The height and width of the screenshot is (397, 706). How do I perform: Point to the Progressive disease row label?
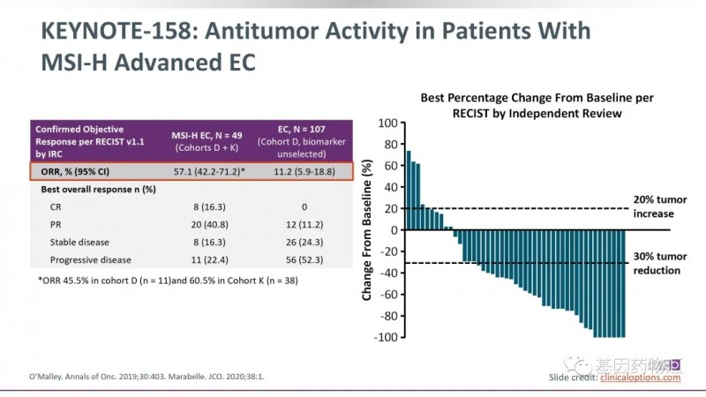[x=92, y=259]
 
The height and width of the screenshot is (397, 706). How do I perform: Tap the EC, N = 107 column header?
[x=297, y=132]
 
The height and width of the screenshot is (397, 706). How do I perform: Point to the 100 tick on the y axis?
[x=387, y=123]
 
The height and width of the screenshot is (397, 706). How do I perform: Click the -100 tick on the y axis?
[x=385, y=337]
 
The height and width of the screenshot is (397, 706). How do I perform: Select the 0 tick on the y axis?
[x=394, y=230]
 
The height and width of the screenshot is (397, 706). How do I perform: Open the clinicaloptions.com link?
[x=641, y=378]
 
